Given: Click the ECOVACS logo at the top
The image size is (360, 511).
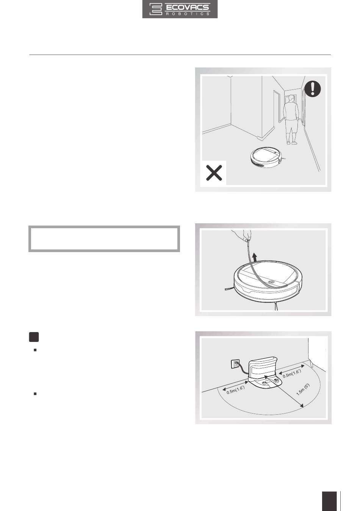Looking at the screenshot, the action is coord(180,9).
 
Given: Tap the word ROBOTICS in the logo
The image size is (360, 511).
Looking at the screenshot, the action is coord(188,14).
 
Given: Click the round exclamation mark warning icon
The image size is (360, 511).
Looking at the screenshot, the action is coord(313,89).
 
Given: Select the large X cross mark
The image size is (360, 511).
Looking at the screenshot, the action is coord(214,173).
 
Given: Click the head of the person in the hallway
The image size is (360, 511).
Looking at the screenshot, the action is coord(291,99).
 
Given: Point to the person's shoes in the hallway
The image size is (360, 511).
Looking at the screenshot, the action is coord(292,143).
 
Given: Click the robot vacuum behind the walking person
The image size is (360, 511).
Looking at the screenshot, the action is coord(267,157).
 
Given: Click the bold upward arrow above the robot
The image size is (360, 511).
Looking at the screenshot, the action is coord(255,257).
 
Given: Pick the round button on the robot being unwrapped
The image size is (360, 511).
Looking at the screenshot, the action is coord(271,282).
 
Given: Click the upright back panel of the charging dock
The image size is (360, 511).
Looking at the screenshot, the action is coord(262,367).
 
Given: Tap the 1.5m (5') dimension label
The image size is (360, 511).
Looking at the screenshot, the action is coord(302,390).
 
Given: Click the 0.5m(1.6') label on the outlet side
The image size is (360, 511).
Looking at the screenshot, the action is coord(236,390).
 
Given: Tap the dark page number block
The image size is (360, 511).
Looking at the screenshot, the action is coord(329,501).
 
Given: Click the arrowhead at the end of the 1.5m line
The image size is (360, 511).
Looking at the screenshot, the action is coord(302,406).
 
